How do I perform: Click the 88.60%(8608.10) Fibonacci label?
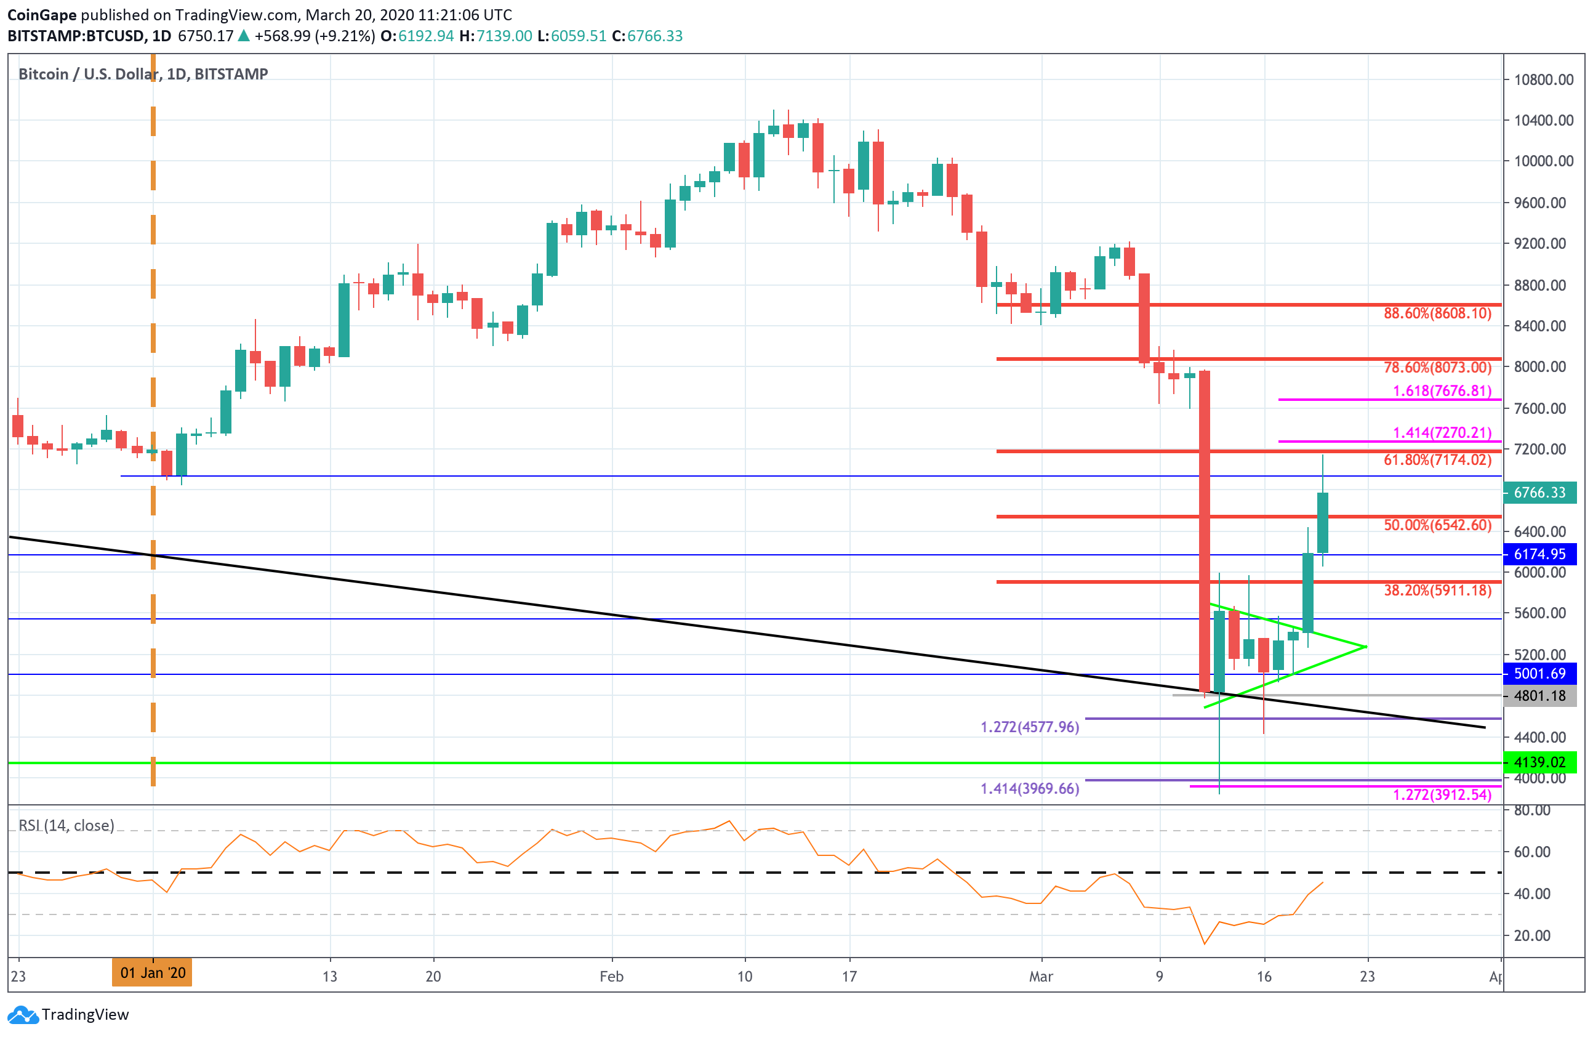click(1437, 313)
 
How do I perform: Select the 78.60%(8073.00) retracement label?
click(1437, 368)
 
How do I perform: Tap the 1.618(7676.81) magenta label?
click(1442, 391)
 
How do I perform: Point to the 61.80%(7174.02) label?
click(1437, 460)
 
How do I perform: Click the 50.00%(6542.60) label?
click(1437, 525)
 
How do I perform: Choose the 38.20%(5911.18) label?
click(1437, 591)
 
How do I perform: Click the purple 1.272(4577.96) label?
click(1029, 727)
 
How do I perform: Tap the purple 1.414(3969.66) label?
click(1029, 789)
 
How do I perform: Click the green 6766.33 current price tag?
click(1539, 493)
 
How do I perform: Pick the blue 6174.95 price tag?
click(1539, 554)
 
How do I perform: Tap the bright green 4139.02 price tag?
click(1539, 762)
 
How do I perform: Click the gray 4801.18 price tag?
click(1539, 696)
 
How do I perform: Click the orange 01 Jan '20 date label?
click(153, 973)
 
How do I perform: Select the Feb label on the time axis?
click(611, 977)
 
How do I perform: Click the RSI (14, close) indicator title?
click(66, 825)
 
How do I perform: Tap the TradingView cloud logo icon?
click(23, 1015)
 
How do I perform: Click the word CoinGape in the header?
click(41, 15)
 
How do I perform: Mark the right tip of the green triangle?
click(1366, 647)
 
